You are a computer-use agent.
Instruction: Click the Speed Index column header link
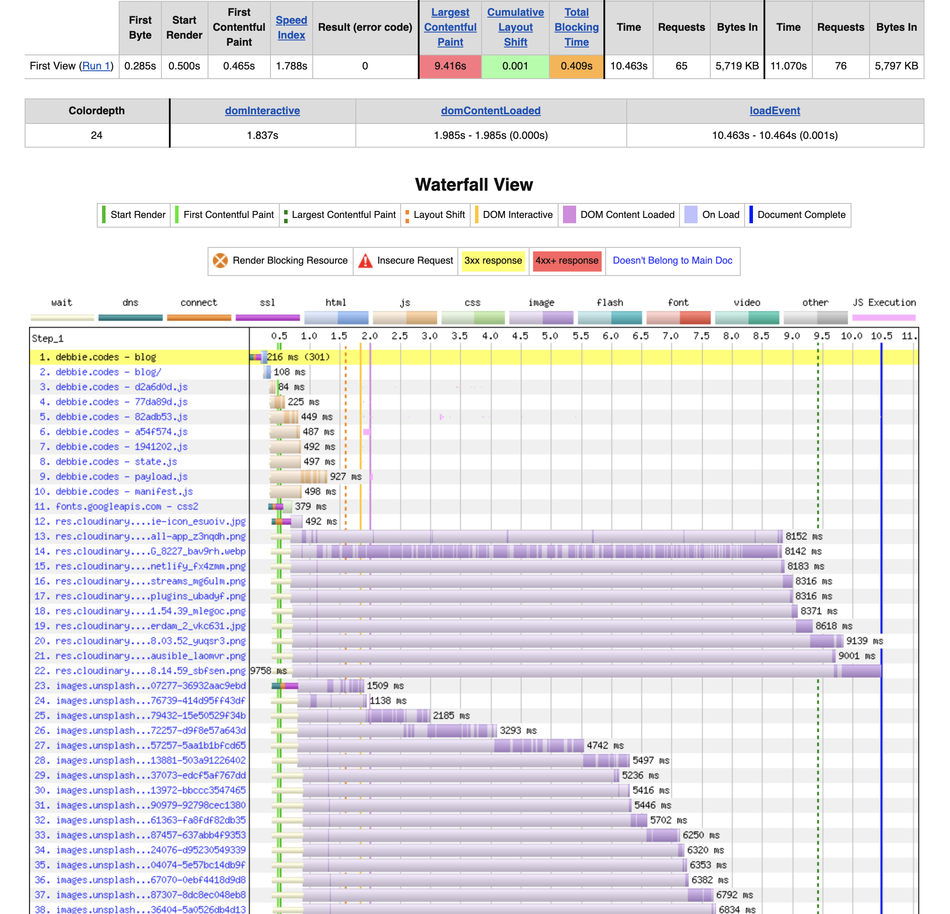coord(291,28)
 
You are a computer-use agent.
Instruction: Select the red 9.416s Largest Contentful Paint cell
coord(450,66)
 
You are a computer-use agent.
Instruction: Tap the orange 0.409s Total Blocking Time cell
coord(576,66)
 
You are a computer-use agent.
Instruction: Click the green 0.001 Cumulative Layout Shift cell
coord(515,66)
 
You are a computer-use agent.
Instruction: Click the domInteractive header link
coord(262,111)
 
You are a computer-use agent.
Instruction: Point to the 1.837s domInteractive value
coord(262,135)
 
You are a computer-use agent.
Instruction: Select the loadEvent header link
coord(774,111)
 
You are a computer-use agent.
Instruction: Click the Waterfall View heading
coord(474,185)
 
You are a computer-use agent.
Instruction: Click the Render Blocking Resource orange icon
coord(220,261)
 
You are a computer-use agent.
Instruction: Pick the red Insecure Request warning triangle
coord(365,261)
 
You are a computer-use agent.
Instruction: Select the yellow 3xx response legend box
coord(493,261)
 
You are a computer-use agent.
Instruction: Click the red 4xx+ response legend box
coord(566,261)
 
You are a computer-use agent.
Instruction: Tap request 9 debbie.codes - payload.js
coord(121,477)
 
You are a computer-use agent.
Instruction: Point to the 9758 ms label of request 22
coord(268,671)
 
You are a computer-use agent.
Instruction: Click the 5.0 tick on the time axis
coord(550,336)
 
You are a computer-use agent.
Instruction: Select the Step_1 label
coord(47,338)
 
